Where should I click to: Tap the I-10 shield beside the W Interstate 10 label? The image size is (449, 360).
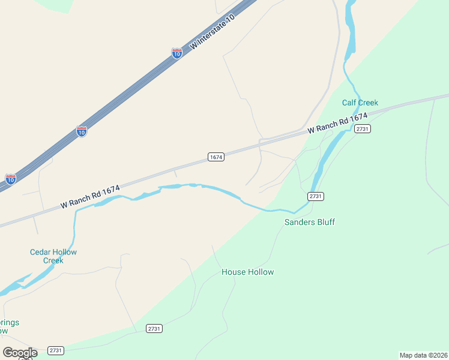coord(176,53)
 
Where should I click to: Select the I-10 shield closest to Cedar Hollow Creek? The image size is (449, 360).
coord(11,179)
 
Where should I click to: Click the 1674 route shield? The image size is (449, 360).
coord(216,157)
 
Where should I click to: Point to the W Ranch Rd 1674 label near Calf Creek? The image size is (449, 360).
coord(337,123)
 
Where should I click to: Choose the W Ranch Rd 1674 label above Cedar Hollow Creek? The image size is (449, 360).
coord(90,197)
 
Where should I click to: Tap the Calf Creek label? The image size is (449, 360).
coord(360,103)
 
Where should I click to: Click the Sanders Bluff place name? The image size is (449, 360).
coord(309,222)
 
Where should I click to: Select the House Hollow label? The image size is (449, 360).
coord(247,272)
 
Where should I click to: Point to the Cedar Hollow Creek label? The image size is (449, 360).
coord(53,256)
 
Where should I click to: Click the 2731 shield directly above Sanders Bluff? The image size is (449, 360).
coord(316,196)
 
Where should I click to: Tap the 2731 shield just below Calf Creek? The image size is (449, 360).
coord(362,129)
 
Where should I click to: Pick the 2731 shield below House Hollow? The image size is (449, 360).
coord(154,328)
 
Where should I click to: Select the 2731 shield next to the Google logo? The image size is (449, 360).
coord(56,350)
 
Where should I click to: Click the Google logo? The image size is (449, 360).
coord(20,353)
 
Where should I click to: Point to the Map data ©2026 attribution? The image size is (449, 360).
coord(423,355)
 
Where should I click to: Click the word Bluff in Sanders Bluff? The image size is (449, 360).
coord(324,222)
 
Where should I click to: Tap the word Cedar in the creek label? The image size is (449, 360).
coord(41,252)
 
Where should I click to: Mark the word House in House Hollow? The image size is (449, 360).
coord(233,272)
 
